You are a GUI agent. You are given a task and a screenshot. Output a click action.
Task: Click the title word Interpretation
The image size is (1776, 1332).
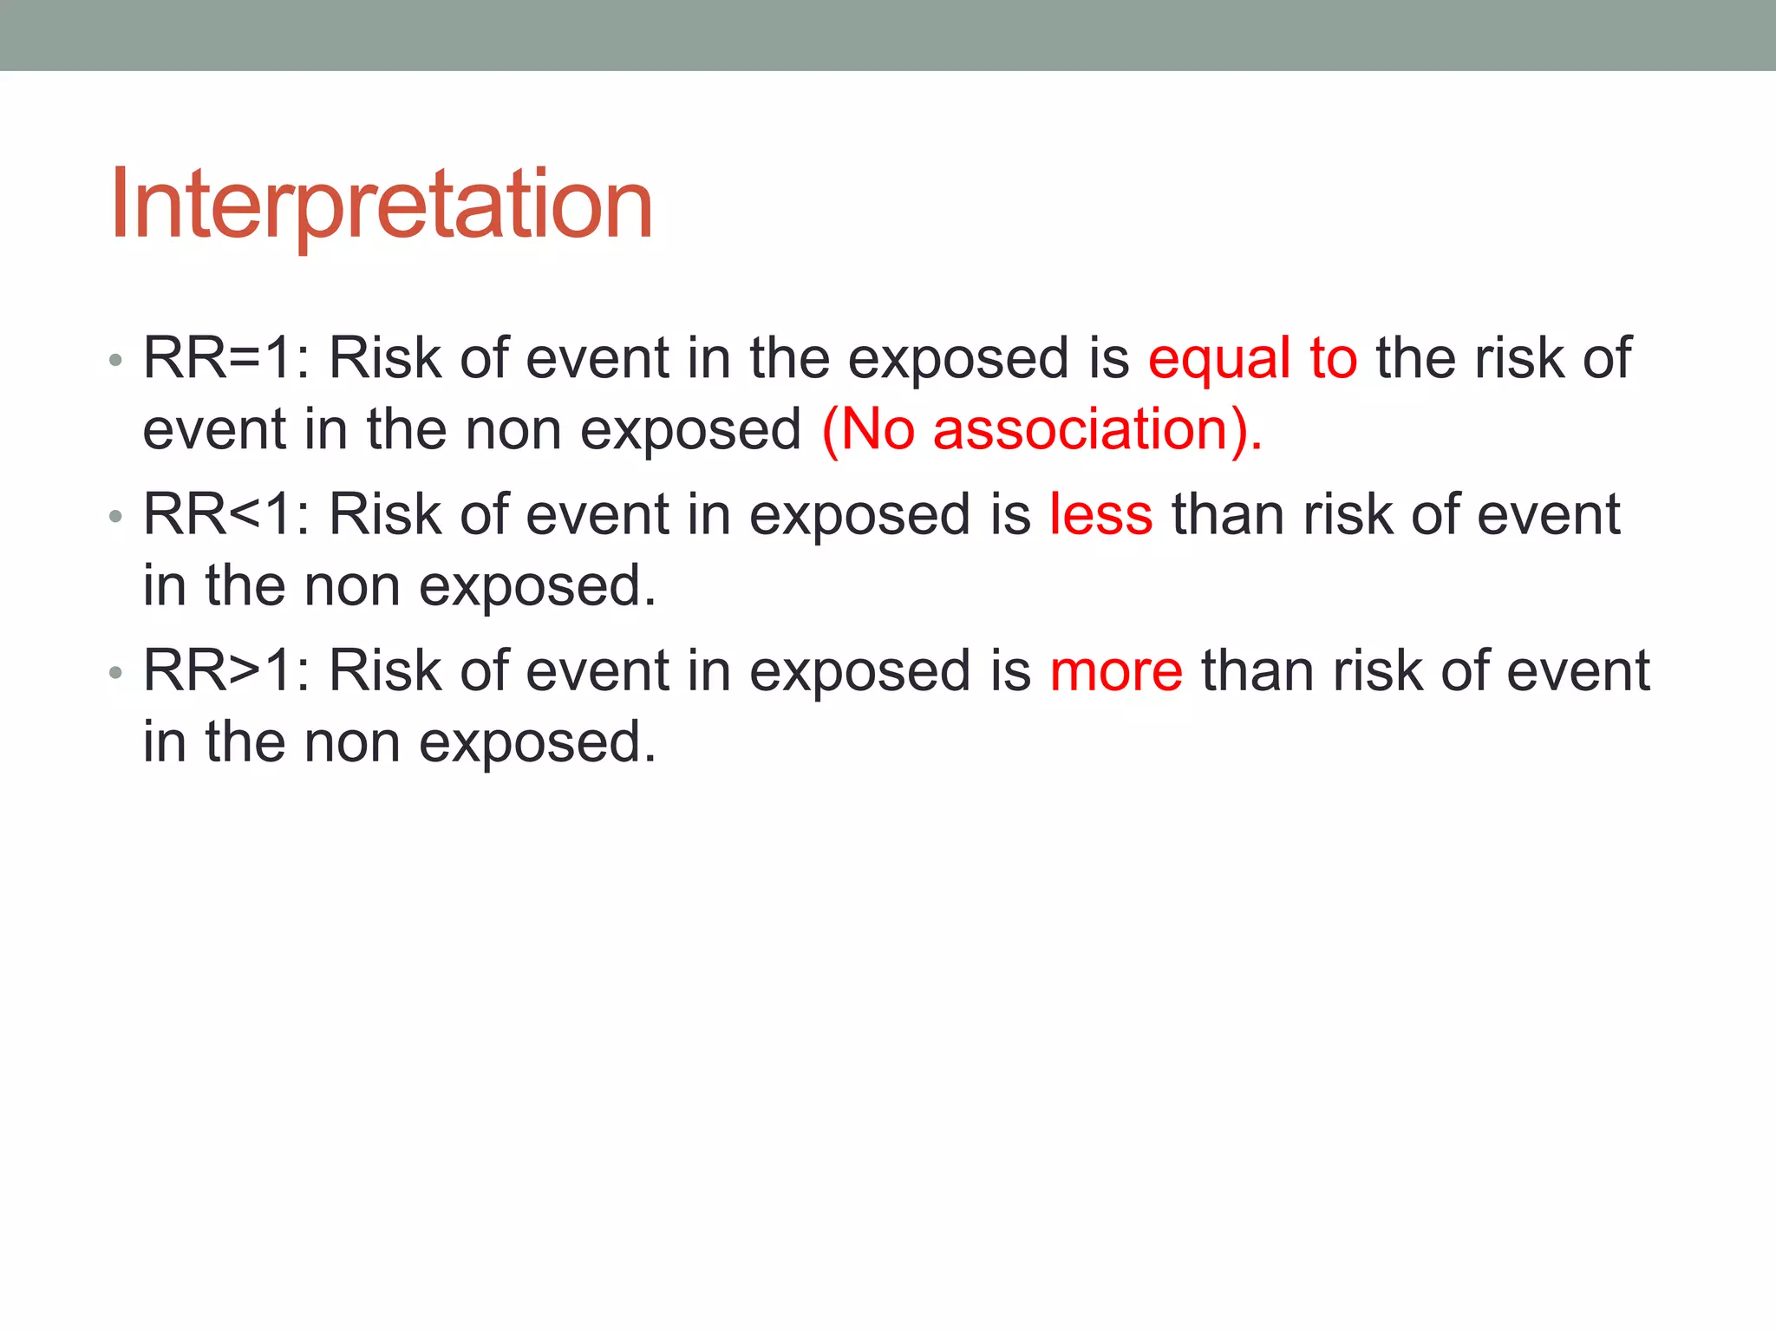pos(382,205)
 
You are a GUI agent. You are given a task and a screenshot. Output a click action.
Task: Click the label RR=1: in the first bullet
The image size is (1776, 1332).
pos(226,358)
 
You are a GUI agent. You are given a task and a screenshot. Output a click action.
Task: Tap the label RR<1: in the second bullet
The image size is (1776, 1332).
pos(226,514)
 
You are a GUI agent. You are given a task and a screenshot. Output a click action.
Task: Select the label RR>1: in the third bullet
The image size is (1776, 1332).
pos(226,671)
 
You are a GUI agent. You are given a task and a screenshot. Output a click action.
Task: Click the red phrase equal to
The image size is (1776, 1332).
pos(1252,358)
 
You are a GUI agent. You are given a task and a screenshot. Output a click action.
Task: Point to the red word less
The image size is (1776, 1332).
pos(1100,514)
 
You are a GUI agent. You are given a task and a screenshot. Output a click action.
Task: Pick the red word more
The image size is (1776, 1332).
pos(1115,671)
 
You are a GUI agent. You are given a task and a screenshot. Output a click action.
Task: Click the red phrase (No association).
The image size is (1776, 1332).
pos(1041,429)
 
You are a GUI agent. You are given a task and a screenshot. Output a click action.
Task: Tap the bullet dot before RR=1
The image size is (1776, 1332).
pos(116,361)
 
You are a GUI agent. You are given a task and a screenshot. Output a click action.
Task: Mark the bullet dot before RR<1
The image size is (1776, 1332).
pos(116,518)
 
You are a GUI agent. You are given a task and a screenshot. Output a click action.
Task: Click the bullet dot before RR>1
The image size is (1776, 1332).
pos(116,674)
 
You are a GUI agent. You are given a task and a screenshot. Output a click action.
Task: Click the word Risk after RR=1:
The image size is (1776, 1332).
pos(385,358)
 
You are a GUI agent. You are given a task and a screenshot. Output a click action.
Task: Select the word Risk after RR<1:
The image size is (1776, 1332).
pos(385,514)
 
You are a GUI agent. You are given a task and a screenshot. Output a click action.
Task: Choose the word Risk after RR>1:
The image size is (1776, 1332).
pos(385,671)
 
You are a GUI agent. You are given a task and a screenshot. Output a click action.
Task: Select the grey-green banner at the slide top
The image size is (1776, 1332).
pos(888,35)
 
